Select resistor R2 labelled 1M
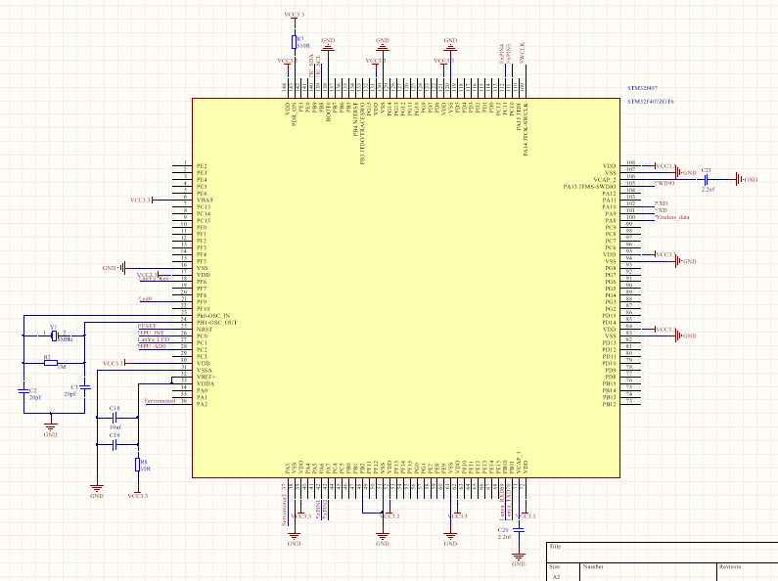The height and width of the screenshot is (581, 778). (48, 363)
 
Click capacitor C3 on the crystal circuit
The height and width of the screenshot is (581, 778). (85, 387)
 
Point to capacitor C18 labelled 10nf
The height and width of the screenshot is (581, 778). (115, 416)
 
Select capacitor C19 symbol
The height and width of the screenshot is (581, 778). (115, 443)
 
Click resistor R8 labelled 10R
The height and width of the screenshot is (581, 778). (137, 464)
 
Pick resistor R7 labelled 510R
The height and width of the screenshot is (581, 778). (294, 41)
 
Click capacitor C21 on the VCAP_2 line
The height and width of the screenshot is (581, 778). (707, 180)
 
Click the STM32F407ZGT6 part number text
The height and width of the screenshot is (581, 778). (650, 102)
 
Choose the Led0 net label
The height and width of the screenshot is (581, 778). (145, 299)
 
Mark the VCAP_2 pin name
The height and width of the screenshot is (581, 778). (603, 180)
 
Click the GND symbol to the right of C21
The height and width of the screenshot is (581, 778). (746, 180)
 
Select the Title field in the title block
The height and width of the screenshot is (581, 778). (556, 548)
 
